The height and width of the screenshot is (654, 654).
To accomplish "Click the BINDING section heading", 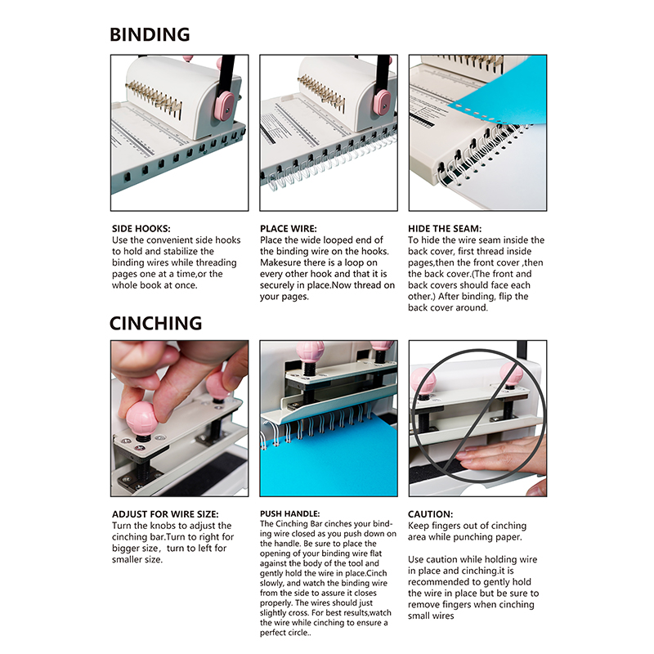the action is [150, 34].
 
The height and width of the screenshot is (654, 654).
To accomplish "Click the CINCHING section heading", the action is [155, 323].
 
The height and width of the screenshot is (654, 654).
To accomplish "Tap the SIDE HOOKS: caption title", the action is [141, 229].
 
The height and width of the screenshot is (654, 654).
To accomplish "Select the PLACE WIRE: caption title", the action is [289, 229].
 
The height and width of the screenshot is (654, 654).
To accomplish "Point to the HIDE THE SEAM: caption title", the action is [445, 229].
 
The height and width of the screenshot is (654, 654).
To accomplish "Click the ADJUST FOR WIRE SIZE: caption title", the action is [165, 514].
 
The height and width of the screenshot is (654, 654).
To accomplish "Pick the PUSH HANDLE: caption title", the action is [290, 514].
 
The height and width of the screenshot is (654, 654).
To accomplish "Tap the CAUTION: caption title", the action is [431, 514].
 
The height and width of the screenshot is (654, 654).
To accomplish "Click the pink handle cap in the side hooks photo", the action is [226, 105].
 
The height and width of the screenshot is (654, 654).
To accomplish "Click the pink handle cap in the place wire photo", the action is [382, 101].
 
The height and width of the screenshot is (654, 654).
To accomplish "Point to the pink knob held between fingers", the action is [141, 419].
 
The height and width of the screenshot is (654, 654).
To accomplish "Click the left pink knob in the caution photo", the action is [423, 380].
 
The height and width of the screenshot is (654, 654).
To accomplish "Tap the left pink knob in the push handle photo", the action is [310, 353].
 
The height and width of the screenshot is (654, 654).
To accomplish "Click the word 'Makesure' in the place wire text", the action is [278, 262].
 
